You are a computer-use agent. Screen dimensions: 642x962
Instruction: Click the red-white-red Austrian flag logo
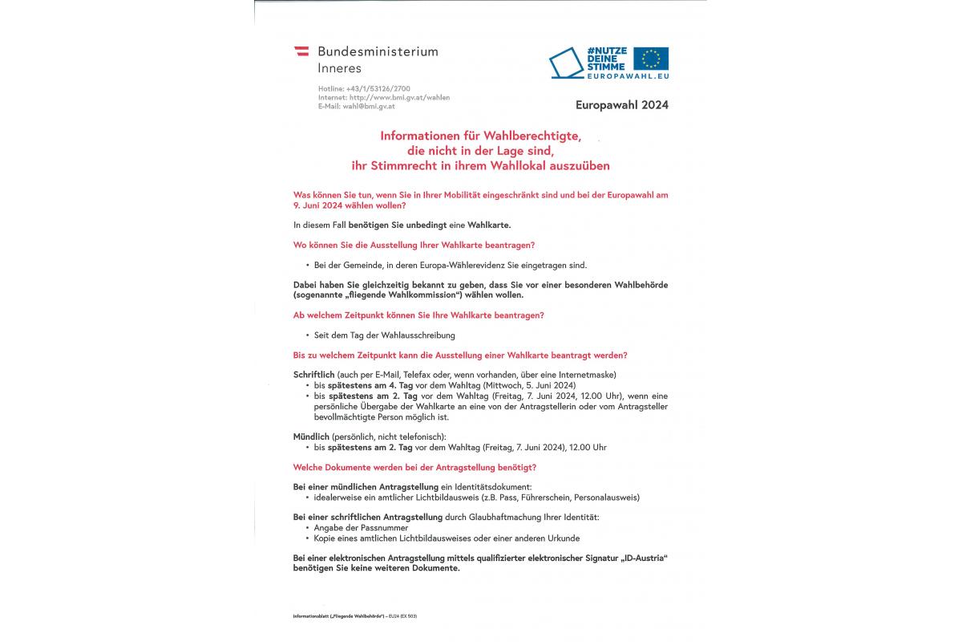[301, 51]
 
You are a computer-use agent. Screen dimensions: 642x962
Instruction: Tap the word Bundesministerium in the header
[378, 51]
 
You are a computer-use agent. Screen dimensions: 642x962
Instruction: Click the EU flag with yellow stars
[650, 59]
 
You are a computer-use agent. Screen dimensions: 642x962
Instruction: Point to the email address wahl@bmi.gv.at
[369, 106]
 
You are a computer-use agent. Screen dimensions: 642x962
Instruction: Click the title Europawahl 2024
[621, 104]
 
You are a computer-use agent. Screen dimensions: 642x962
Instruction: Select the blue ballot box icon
[567, 64]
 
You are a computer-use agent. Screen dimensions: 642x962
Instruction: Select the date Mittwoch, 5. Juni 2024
[541, 385]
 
